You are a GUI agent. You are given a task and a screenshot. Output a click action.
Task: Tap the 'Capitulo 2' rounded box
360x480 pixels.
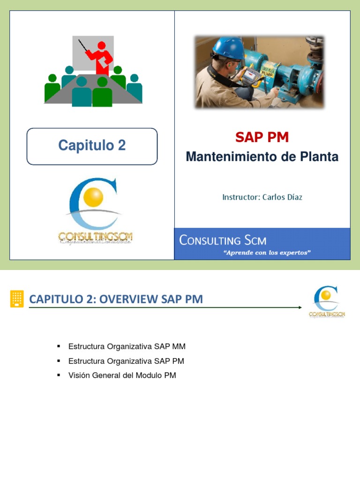[92, 146]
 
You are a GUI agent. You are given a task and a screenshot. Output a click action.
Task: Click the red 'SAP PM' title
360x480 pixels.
[262, 137]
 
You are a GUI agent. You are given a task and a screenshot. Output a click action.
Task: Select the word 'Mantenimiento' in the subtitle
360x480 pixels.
[227, 157]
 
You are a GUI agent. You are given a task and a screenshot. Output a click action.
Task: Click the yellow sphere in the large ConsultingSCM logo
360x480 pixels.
[93, 197]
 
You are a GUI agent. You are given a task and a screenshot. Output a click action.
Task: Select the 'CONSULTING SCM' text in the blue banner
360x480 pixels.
[223, 241]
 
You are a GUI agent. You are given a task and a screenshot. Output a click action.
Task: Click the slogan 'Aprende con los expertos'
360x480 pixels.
[268, 253]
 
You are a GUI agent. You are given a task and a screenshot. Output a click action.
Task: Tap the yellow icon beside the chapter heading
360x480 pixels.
[17, 299]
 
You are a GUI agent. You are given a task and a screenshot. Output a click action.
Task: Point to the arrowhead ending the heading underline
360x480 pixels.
[300, 307]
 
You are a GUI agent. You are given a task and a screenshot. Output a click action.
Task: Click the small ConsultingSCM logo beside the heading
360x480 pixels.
[327, 302]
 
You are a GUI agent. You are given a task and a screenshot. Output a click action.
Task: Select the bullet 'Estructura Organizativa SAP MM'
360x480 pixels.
[127, 347]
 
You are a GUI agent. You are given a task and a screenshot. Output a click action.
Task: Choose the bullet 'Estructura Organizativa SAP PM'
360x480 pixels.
[126, 361]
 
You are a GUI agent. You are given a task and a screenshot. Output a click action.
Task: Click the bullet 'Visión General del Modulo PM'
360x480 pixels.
[122, 375]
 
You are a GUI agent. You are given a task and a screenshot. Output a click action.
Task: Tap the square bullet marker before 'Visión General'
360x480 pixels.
[59, 375]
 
